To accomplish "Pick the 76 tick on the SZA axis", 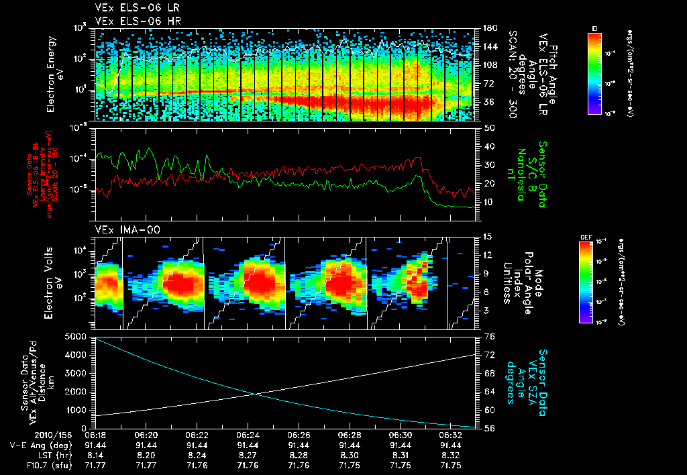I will (489, 336).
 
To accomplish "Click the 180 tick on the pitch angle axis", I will (489, 28).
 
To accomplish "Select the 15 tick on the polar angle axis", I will (488, 237).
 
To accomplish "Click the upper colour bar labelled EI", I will (594, 72).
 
